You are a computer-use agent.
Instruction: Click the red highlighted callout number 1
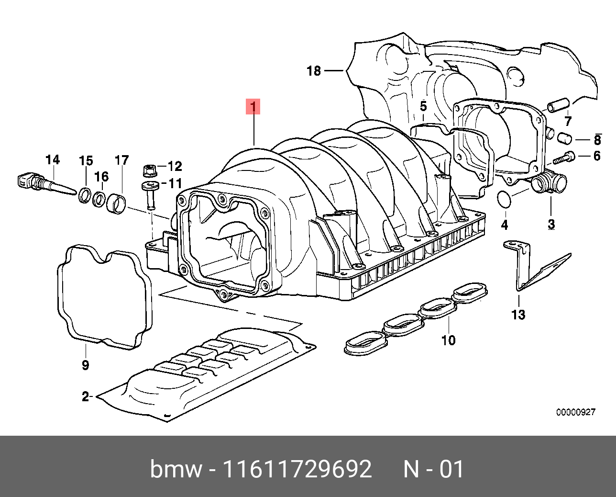tap(253, 107)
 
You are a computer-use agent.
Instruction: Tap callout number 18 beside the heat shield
tap(314, 71)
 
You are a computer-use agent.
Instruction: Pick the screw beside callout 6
tap(566, 157)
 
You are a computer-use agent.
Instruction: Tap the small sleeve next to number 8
tap(565, 138)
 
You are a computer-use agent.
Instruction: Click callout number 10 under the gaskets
tap(448, 340)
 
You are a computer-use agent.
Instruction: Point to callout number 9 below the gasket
tap(85, 365)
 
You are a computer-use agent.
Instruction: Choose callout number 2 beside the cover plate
tap(86, 396)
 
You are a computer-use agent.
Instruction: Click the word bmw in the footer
tap(176, 469)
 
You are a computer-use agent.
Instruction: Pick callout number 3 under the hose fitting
tap(551, 224)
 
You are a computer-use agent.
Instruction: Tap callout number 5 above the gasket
tap(423, 106)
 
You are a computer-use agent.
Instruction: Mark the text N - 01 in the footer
tap(434, 469)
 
